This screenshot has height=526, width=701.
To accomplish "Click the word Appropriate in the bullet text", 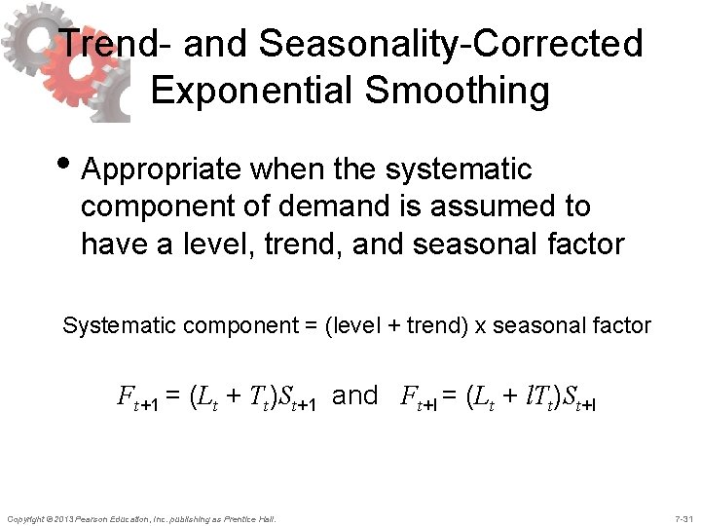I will click(x=161, y=169).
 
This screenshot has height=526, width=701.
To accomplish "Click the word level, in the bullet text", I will click(x=209, y=244).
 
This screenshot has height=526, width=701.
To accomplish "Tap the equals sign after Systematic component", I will click(x=296, y=326).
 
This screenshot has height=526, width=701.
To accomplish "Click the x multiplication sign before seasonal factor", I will click(x=481, y=326).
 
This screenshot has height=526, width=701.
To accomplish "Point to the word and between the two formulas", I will click(x=354, y=395).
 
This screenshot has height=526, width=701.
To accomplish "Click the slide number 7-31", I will click(x=682, y=517).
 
